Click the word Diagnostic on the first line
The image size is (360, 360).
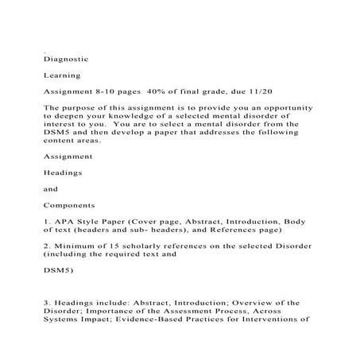(66, 58)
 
